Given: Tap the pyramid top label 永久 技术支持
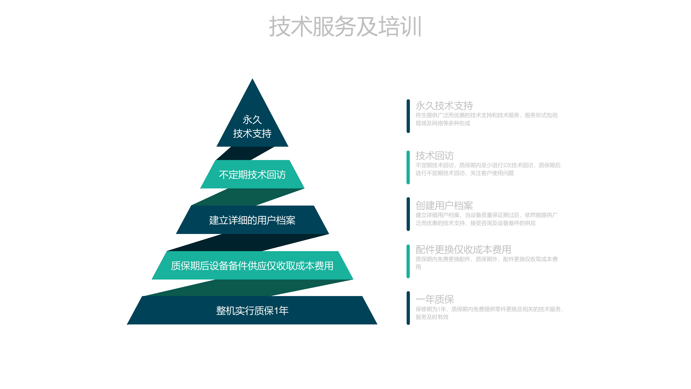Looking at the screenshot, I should click(252, 127).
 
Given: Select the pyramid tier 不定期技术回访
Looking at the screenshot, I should click(252, 174).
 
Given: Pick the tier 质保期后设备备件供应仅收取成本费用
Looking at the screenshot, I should click(252, 266).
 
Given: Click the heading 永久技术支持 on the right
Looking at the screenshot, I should click(444, 106).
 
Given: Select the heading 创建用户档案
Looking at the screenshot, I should click(444, 205).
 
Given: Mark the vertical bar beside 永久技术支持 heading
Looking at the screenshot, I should click(408, 116).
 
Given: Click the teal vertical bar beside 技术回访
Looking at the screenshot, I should click(408, 167).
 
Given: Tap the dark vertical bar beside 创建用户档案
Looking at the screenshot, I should click(408, 214).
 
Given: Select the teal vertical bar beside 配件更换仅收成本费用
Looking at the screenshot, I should click(408, 261).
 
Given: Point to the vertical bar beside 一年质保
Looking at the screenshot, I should click(408, 308).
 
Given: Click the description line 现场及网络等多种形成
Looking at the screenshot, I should click(443, 123).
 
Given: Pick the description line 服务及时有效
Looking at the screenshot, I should click(432, 317).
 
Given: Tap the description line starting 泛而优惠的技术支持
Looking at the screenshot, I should click(476, 223).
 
